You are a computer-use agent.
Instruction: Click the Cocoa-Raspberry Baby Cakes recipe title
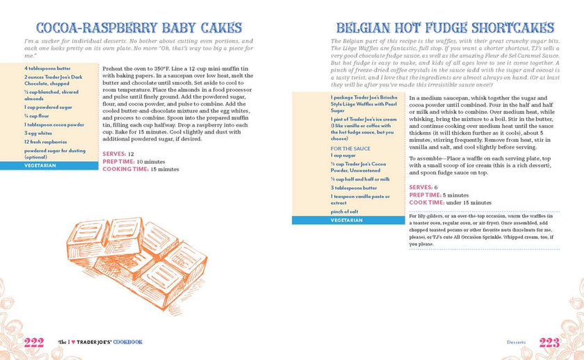point(138,28)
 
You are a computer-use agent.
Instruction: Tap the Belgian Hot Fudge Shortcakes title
point(445,28)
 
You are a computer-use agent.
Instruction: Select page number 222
point(34,342)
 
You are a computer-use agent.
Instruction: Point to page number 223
point(549,342)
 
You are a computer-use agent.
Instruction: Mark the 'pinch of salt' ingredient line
point(345,211)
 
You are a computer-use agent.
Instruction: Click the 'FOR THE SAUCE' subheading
point(350,148)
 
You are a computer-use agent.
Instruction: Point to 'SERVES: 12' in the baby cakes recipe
point(118,154)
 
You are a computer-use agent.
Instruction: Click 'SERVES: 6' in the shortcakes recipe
point(423,188)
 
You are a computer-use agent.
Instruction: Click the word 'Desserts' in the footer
point(516,342)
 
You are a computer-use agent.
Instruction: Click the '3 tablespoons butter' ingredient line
point(354,188)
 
